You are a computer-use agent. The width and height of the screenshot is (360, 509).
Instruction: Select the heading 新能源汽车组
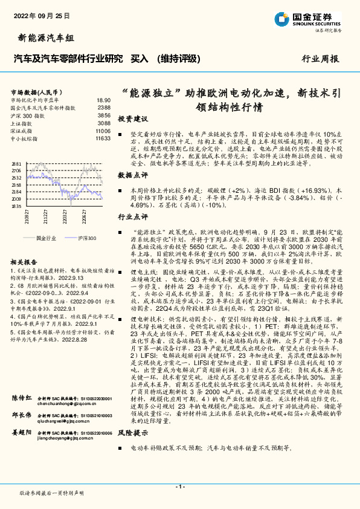click(43, 38)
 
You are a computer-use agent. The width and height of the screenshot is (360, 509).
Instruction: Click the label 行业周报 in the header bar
click(320, 59)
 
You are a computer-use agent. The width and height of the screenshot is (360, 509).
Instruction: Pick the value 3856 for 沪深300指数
click(104, 115)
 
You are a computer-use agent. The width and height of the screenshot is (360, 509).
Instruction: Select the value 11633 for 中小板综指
click(102, 138)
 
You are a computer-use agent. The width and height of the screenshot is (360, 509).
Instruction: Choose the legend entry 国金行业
click(47, 238)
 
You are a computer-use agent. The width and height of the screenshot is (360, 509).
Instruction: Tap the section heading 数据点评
click(132, 175)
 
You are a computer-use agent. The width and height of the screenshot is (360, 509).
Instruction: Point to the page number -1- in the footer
click(179, 486)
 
